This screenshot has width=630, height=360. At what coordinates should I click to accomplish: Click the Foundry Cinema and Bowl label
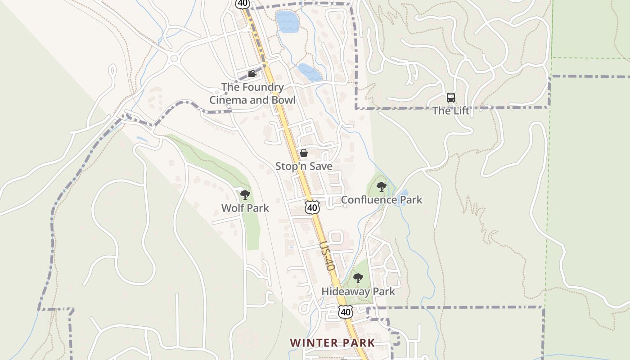[x=252, y=94]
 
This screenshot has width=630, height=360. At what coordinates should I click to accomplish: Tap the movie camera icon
[x=252, y=73]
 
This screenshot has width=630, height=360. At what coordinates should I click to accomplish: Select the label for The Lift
[x=451, y=111]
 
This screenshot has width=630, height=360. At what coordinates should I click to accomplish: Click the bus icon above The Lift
[x=451, y=97]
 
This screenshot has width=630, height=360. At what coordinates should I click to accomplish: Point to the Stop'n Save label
[x=304, y=166]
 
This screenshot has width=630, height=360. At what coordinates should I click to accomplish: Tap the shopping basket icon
[x=304, y=153]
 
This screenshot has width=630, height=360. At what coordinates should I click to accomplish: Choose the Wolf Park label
[x=245, y=208]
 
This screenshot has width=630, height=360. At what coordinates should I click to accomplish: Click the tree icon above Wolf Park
[x=245, y=195]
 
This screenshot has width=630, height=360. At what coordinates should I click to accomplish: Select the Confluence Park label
[x=382, y=200]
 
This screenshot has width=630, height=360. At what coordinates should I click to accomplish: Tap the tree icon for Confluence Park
[x=382, y=186]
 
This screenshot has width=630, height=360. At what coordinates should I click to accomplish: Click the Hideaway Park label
[x=358, y=292]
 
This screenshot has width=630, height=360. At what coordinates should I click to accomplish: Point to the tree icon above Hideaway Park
[x=358, y=278]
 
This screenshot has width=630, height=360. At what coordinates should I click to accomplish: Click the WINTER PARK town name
[x=333, y=343]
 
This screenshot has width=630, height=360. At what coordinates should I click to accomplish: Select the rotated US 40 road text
[x=328, y=256]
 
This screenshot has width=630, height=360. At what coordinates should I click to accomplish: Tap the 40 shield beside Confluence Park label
[x=312, y=207]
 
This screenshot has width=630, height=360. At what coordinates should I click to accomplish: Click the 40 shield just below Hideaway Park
[x=345, y=311]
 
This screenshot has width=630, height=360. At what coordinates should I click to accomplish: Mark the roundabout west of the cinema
[x=174, y=58]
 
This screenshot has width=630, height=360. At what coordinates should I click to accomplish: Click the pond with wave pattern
[x=288, y=22]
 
